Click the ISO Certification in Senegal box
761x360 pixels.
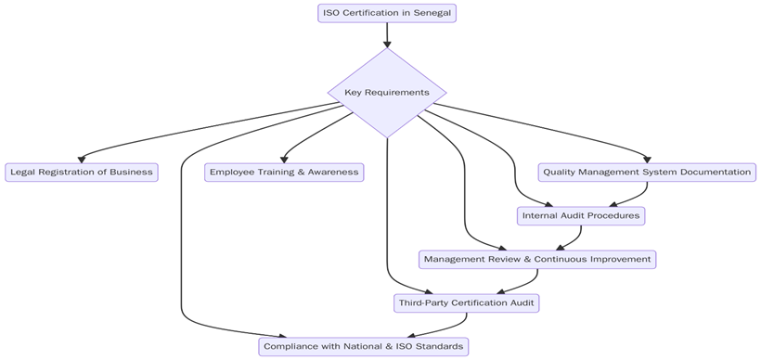386,13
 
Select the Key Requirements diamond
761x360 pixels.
386,93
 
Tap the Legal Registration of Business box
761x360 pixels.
81,172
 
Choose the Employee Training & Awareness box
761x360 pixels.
284,172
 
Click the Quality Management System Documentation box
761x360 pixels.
647,172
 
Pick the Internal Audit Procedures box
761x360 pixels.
580,215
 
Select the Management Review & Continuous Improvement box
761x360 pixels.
537,259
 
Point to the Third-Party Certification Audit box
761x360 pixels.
466,302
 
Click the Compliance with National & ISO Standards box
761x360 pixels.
363,346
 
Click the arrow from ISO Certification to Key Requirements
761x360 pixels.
386,35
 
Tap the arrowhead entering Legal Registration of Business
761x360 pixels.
82,159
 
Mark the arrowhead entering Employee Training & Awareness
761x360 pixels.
284,159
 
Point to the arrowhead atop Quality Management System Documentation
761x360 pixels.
647,159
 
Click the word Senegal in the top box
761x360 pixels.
432,13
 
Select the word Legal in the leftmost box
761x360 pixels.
23,172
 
